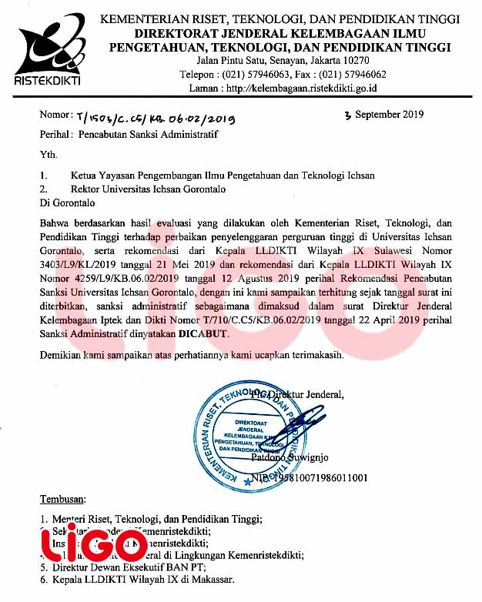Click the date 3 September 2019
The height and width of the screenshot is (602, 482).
pos(384,115)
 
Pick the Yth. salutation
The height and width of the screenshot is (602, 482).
pos(49,155)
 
